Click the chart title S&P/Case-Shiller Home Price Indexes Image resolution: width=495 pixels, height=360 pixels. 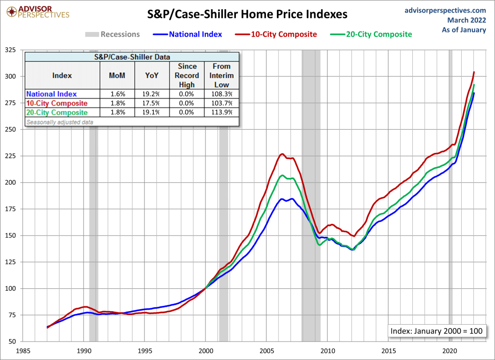(x=247, y=15)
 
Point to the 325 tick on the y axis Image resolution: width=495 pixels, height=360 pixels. (x=10, y=50)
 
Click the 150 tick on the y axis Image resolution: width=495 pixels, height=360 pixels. (x=10, y=236)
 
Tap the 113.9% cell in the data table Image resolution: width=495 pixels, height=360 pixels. (x=222, y=113)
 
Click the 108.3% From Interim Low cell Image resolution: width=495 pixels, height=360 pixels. (x=222, y=94)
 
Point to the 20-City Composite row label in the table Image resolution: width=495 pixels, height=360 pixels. (x=57, y=113)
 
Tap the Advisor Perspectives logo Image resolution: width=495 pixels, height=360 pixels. (x=37, y=12)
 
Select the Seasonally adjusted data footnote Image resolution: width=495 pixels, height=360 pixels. (x=59, y=122)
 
